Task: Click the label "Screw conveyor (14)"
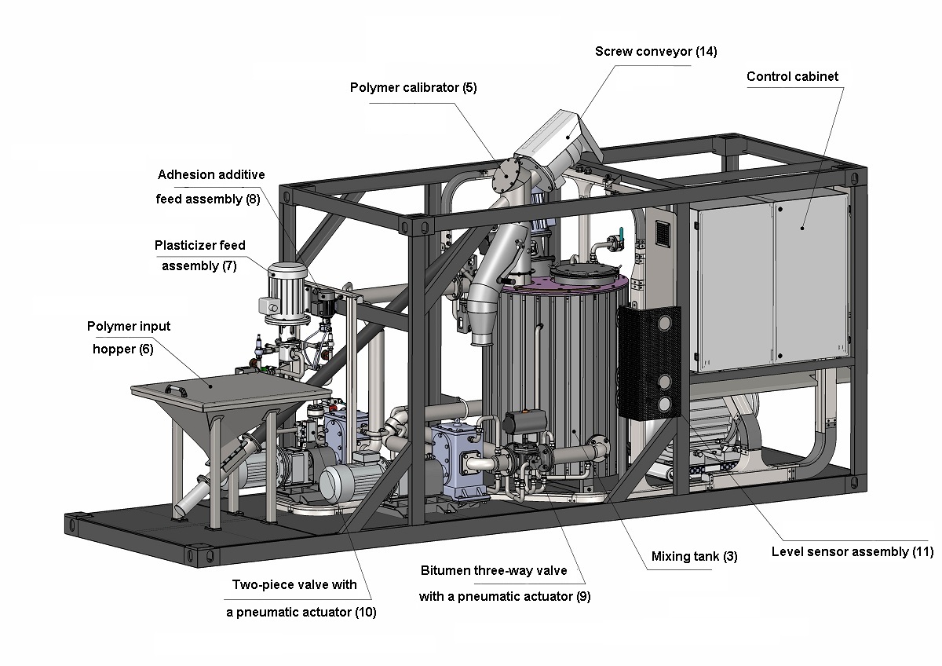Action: point(655,52)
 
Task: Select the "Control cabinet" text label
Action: point(792,77)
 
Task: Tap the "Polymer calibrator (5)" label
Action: point(413,87)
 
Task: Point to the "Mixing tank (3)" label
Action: point(694,557)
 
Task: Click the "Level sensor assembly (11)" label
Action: point(852,551)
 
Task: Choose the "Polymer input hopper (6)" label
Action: point(128,338)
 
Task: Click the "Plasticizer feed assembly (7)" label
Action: point(199,255)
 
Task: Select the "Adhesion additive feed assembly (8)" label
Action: point(210,187)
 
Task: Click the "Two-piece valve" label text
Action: point(294,584)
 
